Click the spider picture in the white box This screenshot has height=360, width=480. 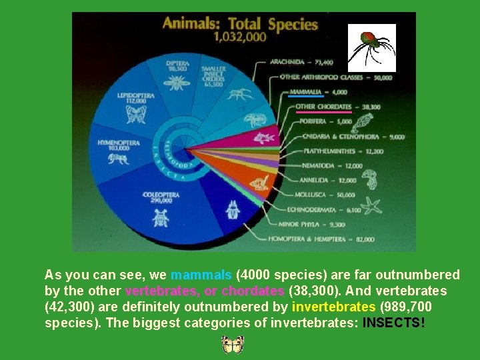pos(372,47)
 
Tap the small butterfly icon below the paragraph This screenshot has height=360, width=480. pos(233,344)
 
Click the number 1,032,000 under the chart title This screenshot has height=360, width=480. pos(239,38)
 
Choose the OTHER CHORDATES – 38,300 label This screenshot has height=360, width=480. pos(338,107)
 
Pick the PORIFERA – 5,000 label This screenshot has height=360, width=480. pos(316,122)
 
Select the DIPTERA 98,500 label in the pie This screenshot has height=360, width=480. pos(177,65)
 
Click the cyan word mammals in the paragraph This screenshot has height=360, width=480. pos(201,275)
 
